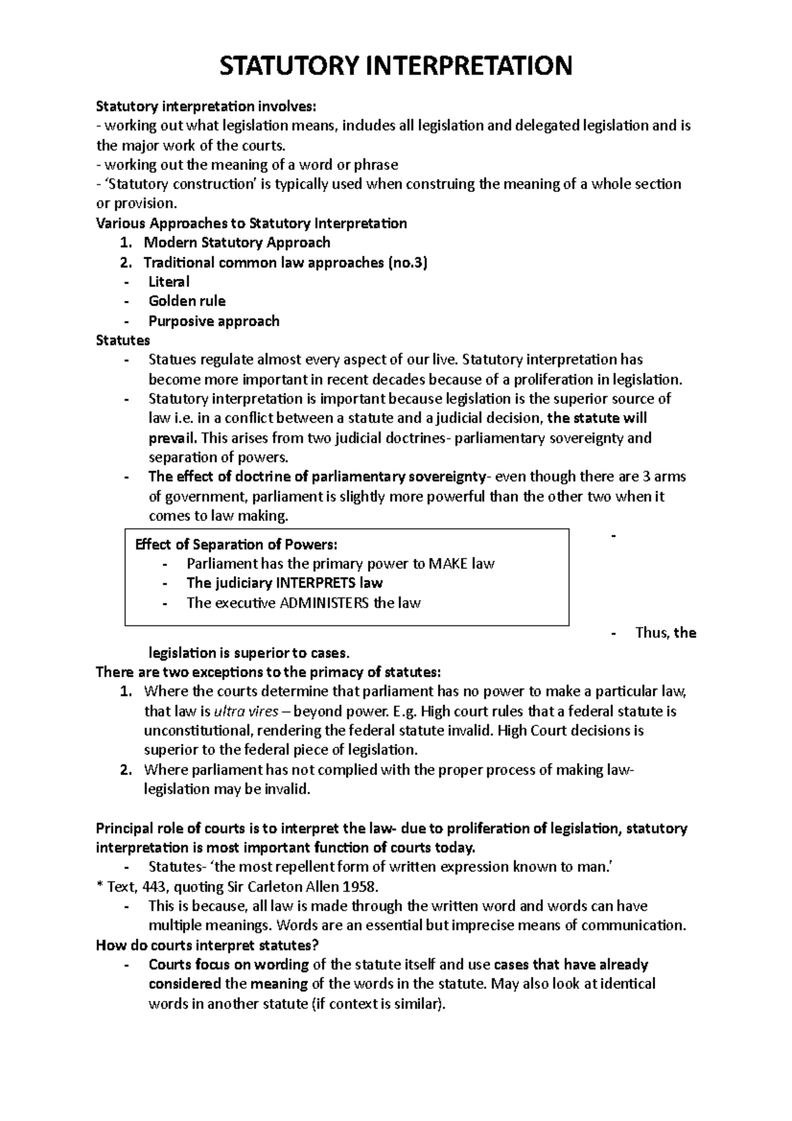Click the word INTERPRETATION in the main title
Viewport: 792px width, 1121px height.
click(469, 66)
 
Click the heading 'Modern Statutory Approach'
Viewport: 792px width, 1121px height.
click(237, 242)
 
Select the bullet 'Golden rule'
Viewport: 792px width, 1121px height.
click(187, 301)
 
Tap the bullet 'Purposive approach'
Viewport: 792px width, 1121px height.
click(214, 321)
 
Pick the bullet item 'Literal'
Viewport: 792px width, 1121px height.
click(169, 282)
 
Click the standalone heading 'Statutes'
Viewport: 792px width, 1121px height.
click(123, 341)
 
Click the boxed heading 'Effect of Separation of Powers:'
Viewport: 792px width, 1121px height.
click(236, 545)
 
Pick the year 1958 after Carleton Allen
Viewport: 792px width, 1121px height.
click(362, 886)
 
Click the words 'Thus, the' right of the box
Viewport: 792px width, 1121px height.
click(665, 633)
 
